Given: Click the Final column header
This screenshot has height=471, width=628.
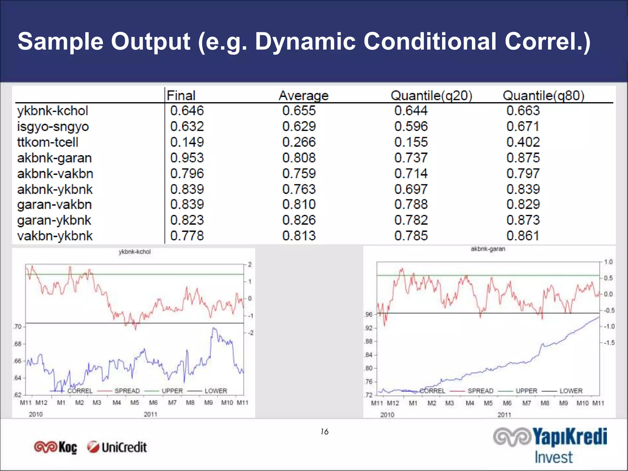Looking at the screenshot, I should tap(181, 96).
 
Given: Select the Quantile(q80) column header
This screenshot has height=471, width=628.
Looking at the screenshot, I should tap(543, 96).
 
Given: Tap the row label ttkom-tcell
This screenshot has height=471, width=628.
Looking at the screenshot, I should tap(48, 142).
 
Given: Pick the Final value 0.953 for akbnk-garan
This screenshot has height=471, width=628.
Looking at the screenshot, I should tap(187, 158).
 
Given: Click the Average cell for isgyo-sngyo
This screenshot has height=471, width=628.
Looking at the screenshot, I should tap(299, 127).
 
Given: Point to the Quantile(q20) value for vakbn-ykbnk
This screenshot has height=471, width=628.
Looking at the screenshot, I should tap(411, 236).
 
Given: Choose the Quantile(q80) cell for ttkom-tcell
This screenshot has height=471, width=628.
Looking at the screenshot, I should tap(523, 142).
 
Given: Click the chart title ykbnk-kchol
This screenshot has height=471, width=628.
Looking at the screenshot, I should tap(135, 252).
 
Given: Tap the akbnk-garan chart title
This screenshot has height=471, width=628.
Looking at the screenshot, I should tap(488, 249).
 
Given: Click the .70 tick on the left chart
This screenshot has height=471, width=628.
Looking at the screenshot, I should tap(18, 327).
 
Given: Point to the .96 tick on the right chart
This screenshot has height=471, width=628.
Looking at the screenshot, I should tap(369, 315).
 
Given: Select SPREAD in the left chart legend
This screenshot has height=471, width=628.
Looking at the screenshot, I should tap(127, 391).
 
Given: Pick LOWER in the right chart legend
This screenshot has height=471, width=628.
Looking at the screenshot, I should tap(571, 391).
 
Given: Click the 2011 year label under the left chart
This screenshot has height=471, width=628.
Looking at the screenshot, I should tap(150, 414).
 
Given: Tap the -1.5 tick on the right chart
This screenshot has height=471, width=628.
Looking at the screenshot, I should tap(609, 343).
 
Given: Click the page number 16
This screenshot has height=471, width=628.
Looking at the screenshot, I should tap(324, 432).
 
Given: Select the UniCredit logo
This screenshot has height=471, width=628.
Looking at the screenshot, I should tap(117, 447).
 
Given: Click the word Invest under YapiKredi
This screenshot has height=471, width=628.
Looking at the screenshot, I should tap(553, 457).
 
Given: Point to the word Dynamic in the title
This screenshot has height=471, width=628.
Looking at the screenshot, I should tap(305, 41).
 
